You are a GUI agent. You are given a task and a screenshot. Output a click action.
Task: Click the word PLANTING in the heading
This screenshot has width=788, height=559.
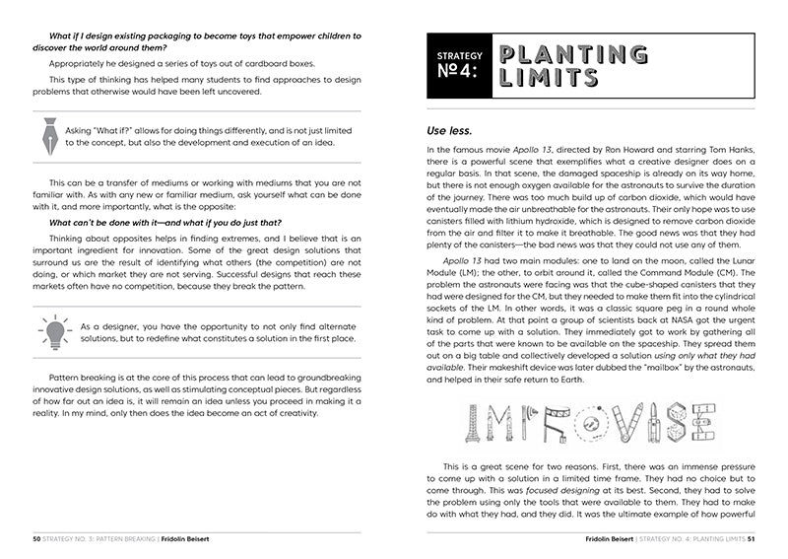tap(573, 54)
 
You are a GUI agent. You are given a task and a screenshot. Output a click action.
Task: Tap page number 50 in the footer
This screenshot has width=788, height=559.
tap(36, 538)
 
